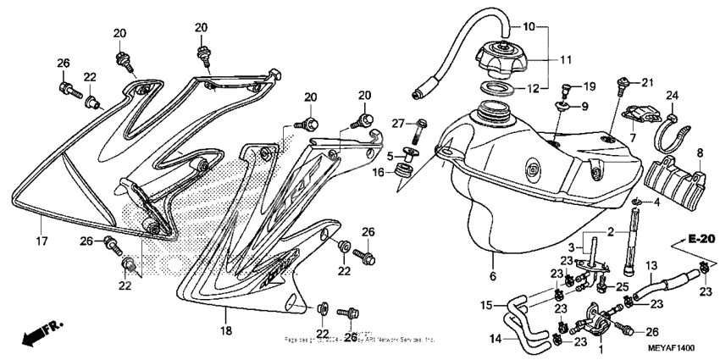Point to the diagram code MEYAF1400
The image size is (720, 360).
671,346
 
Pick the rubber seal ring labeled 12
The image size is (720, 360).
498,88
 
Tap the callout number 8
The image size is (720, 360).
700,153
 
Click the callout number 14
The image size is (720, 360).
492,339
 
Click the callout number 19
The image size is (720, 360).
589,86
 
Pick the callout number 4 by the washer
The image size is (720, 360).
656,202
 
